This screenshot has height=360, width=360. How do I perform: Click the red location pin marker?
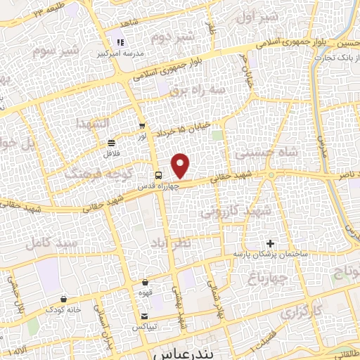(181, 166)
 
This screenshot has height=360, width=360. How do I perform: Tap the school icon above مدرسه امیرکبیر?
(120, 42)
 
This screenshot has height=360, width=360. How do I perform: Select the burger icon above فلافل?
(112, 141)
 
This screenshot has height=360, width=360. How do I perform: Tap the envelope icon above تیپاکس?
(145, 316)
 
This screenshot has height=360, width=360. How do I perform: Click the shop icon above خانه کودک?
(64, 298)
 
